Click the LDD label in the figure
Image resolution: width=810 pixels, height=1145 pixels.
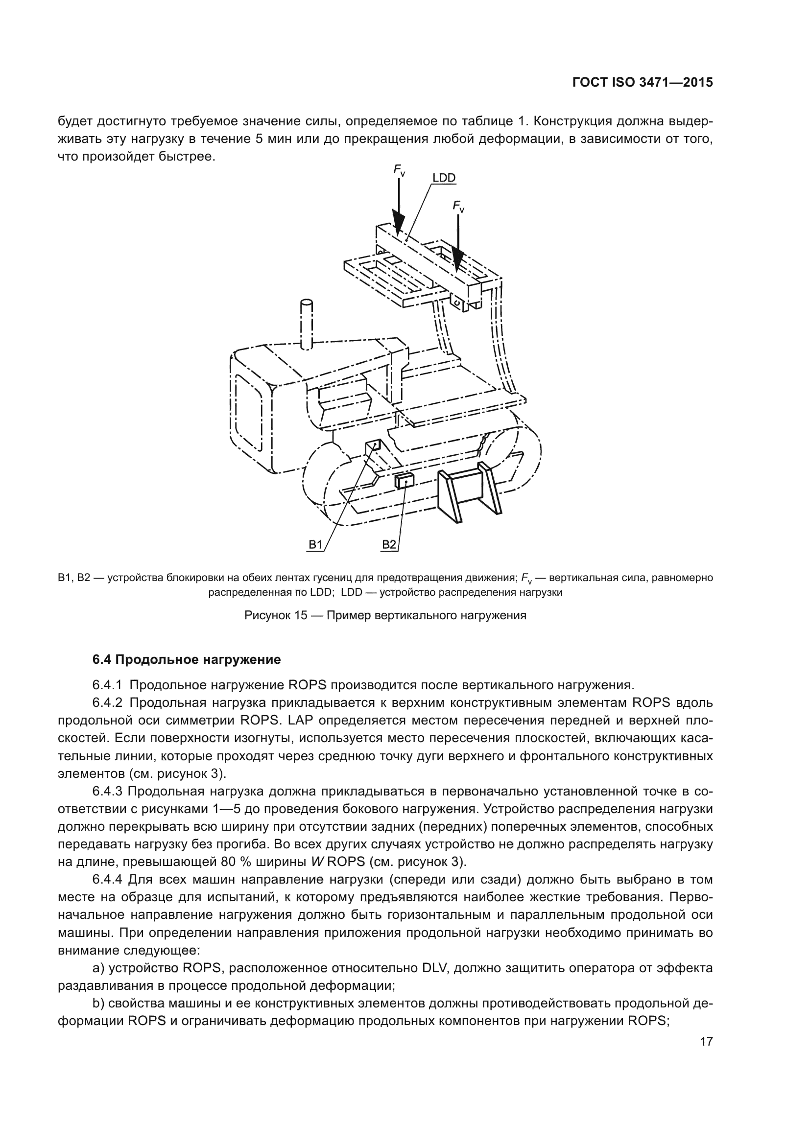[x=443, y=178]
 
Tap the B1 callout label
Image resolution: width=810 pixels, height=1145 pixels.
[x=316, y=544]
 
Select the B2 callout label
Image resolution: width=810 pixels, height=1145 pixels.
[x=388, y=544]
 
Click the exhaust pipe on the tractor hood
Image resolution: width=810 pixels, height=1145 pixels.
[x=306, y=324]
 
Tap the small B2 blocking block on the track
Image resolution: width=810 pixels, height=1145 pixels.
[x=404, y=481]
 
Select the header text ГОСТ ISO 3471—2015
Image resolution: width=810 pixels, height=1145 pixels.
[x=643, y=83]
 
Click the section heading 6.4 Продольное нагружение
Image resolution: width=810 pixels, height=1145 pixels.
[x=187, y=660]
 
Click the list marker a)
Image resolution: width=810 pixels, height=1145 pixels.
[x=98, y=968]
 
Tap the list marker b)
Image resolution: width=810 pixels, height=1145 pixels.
[x=98, y=1004]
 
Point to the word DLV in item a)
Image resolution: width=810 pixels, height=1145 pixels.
[x=435, y=968]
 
